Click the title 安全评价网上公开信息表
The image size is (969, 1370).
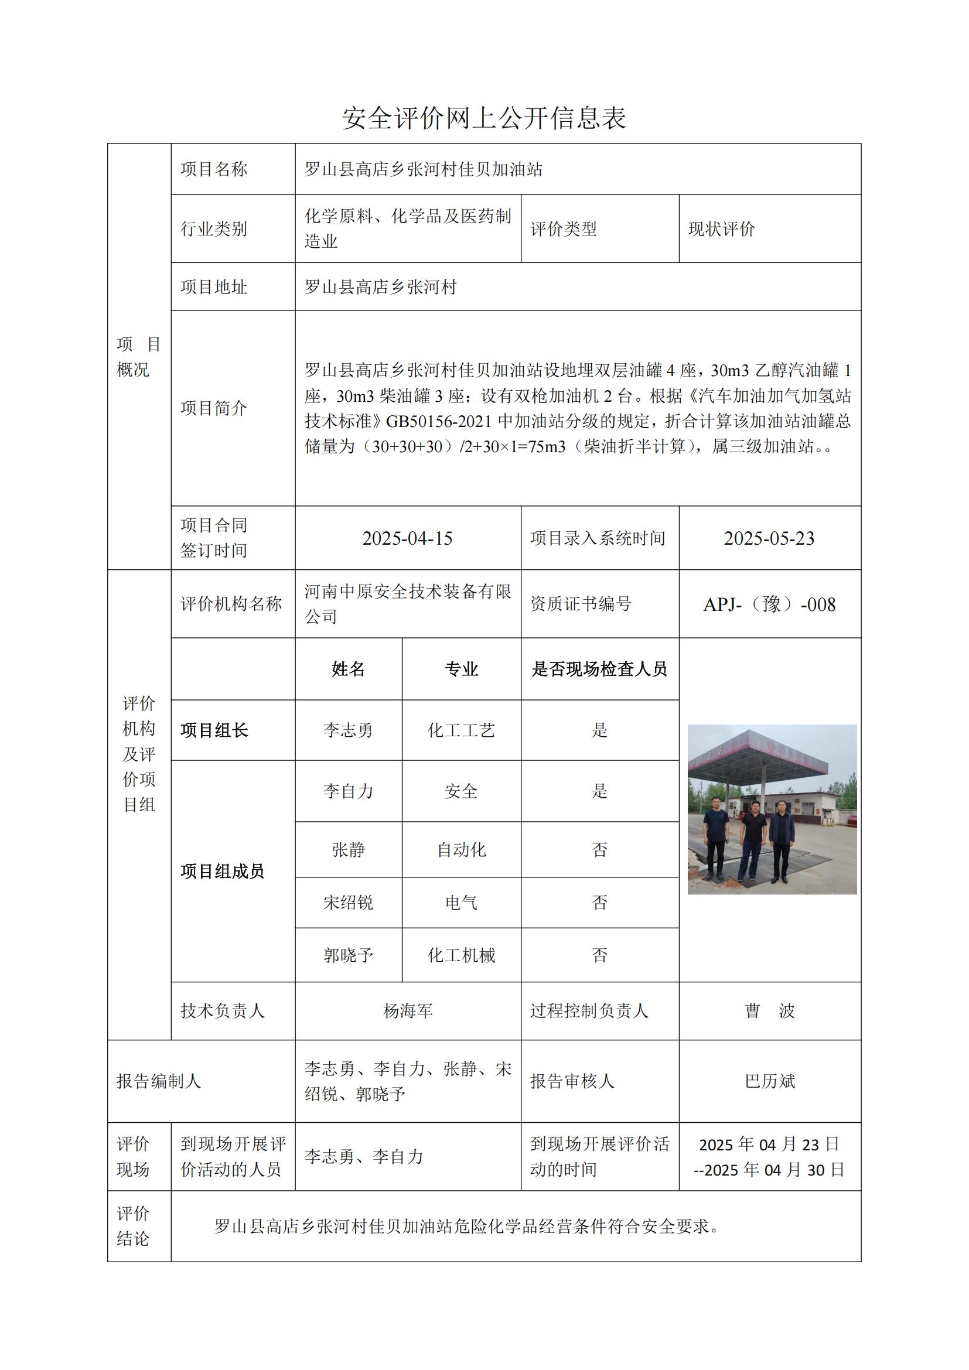click(x=484, y=118)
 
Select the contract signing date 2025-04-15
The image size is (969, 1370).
click(x=408, y=538)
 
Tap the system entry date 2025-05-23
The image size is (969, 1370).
click(x=769, y=538)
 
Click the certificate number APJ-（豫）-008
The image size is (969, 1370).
click(x=769, y=604)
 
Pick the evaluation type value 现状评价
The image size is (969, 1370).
click(x=721, y=229)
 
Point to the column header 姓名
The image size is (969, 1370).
click(x=349, y=669)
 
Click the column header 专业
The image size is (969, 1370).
click(x=461, y=669)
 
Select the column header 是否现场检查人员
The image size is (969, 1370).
click(x=599, y=669)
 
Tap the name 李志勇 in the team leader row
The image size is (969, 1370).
click(x=349, y=730)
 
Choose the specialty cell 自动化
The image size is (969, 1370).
click(x=461, y=850)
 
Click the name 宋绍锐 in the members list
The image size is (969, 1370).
click(x=349, y=902)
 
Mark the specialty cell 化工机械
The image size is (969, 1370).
click(x=461, y=955)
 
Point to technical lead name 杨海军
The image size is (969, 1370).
click(x=408, y=1011)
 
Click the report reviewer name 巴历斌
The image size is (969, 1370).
click(x=769, y=1081)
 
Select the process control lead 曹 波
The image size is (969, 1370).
click(x=769, y=1011)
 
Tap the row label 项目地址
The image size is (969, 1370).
click(x=214, y=287)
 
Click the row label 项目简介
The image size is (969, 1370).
click(x=214, y=408)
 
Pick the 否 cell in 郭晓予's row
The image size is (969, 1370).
click(x=599, y=955)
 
